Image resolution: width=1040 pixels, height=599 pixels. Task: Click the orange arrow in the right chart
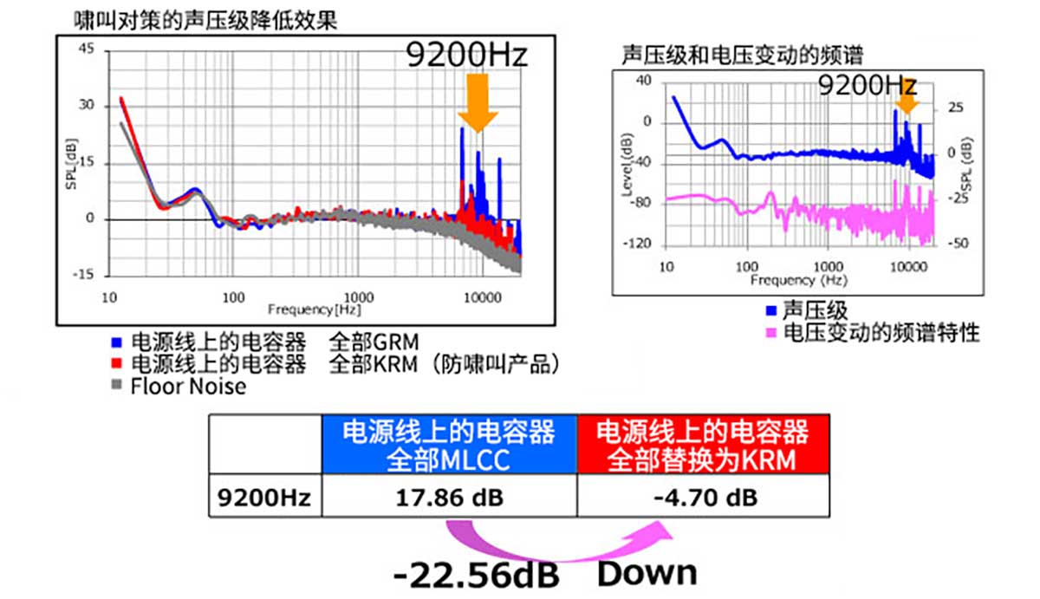[907, 103]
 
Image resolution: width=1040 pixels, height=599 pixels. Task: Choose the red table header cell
[703, 445]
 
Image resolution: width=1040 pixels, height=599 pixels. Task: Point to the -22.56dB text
[476, 575]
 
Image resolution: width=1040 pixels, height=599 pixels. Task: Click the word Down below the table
[647, 572]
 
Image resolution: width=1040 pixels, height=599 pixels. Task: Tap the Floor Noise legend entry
[186, 387]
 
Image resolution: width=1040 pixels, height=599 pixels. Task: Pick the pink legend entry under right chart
[880, 332]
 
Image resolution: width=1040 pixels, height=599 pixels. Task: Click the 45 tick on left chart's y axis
[86, 49]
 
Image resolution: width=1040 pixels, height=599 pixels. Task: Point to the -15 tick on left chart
[83, 276]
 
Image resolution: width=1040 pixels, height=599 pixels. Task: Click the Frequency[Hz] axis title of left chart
[315, 309]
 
